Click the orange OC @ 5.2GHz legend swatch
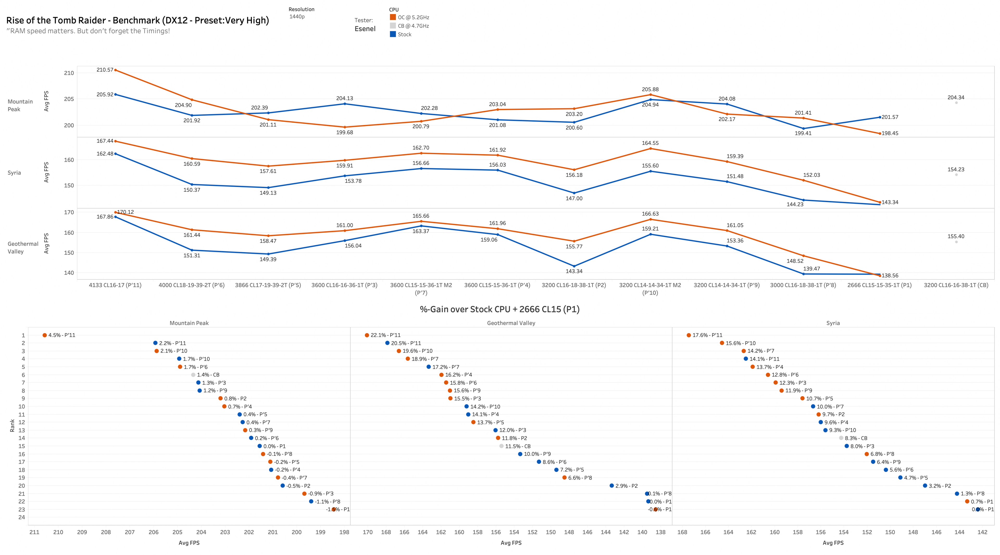coord(393,17)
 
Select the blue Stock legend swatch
coord(393,34)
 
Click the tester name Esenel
coord(365,29)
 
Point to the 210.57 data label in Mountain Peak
coord(105,70)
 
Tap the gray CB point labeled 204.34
coord(956,103)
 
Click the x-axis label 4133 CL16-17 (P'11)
coord(115,285)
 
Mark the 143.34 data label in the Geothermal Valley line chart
coord(574,271)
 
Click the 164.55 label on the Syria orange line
coord(650,143)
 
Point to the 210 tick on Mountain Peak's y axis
coord(69,73)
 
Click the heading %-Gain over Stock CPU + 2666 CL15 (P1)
coord(500,309)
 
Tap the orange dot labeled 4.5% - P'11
coord(45,335)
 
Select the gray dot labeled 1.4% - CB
coord(193,375)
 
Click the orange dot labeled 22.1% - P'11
coord(367,335)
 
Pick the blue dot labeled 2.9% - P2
coord(611,485)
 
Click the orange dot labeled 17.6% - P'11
coord(689,335)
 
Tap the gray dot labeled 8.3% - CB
coord(841,438)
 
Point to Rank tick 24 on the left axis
coord(22,517)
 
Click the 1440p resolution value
coord(297,17)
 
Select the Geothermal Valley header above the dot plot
coord(511,323)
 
